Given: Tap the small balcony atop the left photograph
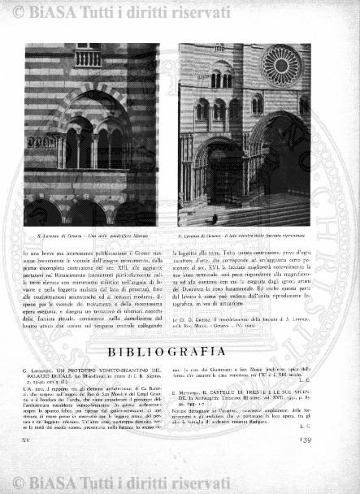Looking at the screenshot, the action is pyautogui.click(x=88, y=58).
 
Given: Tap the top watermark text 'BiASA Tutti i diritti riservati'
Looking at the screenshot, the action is pyautogui.click(x=98, y=11).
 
